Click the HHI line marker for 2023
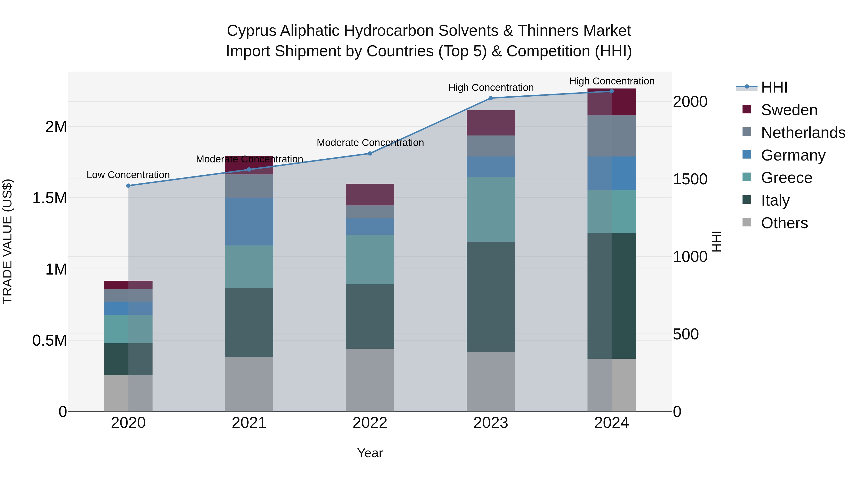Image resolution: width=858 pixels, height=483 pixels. pyautogui.click(x=491, y=98)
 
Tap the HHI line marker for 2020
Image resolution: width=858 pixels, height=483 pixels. pyautogui.click(x=128, y=186)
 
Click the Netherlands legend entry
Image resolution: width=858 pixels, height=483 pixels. pyautogui.click(x=803, y=133)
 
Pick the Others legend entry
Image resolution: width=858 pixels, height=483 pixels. pyautogui.click(x=784, y=223)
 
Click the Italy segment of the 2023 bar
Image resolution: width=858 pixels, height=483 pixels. pyautogui.click(x=491, y=297)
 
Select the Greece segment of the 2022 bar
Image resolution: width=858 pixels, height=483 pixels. pyautogui.click(x=370, y=259)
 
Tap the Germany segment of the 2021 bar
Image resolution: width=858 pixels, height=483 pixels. pyautogui.click(x=249, y=222)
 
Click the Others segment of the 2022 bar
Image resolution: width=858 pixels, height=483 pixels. pyautogui.click(x=370, y=380)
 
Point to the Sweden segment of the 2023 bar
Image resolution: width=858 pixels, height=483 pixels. pyautogui.click(x=491, y=123)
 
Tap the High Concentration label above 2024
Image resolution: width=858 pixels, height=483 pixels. pyautogui.click(x=612, y=81)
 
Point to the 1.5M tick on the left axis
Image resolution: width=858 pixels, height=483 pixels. pyautogui.click(x=49, y=198)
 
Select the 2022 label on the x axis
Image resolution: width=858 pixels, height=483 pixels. pyautogui.click(x=370, y=423)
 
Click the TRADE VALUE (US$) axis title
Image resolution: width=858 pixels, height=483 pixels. pyautogui.click(x=7, y=241)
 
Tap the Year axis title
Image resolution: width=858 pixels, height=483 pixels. pyautogui.click(x=370, y=453)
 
